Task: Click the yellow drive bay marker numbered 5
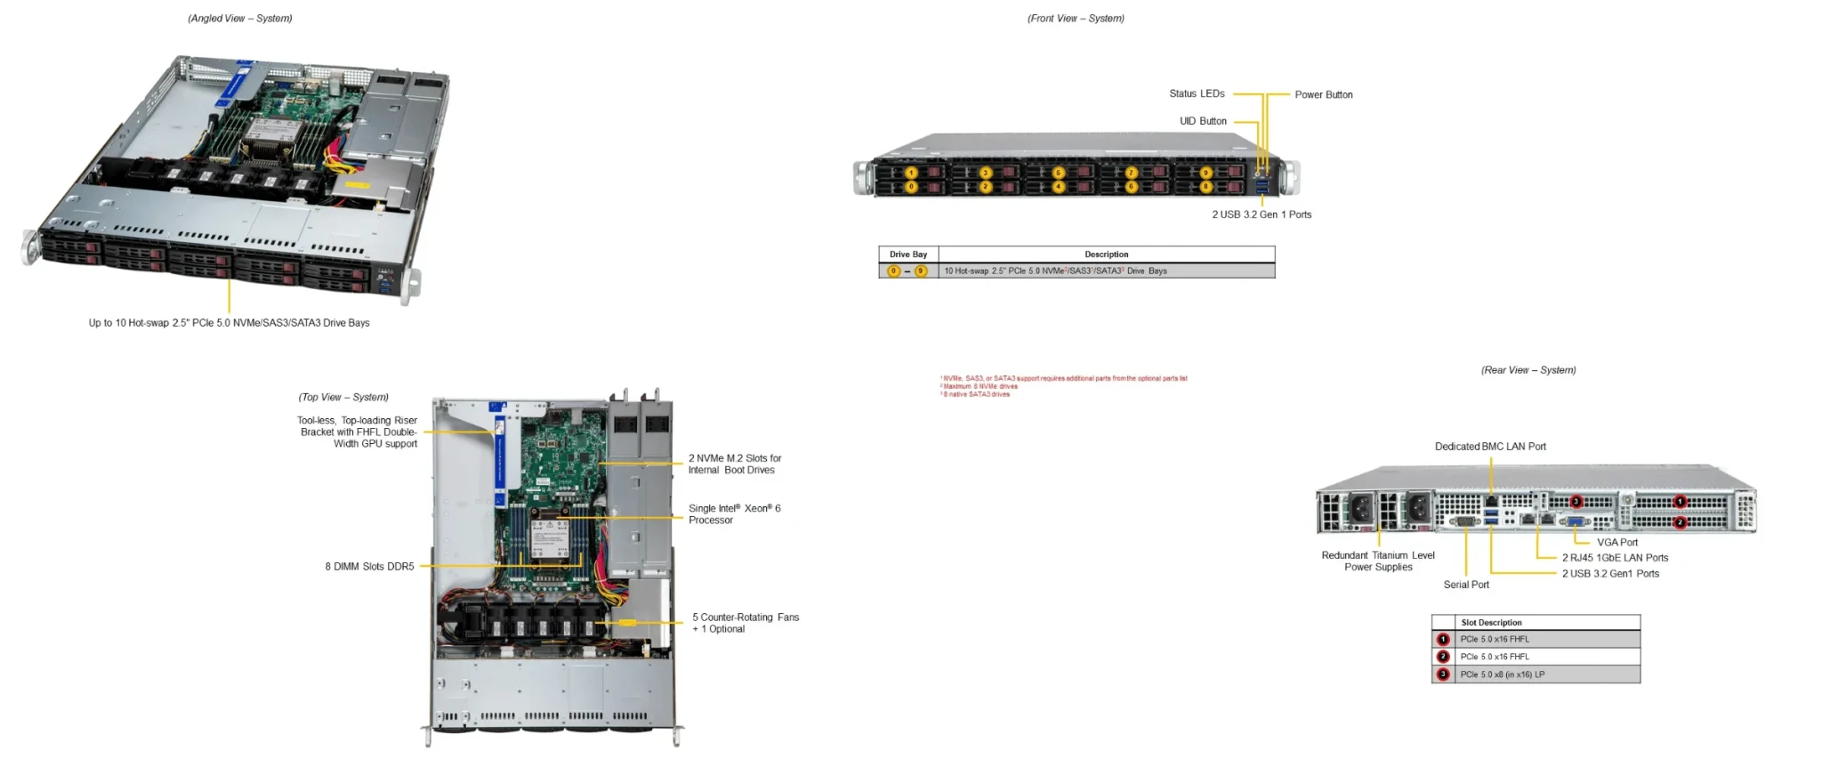click(x=1058, y=173)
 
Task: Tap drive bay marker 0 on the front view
click(x=911, y=187)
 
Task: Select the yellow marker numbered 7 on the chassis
click(x=1132, y=173)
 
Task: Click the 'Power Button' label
click(x=1323, y=95)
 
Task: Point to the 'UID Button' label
click(x=1203, y=121)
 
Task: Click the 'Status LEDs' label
click(x=1197, y=93)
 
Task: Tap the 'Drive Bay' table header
click(x=908, y=254)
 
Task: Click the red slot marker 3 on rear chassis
click(x=1576, y=502)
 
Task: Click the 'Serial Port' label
click(x=1466, y=585)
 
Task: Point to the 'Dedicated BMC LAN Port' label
click(x=1490, y=447)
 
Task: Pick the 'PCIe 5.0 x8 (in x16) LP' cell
click(x=1503, y=674)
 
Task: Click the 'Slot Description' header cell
click(x=1491, y=623)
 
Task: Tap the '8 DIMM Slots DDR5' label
click(x=369, y=567)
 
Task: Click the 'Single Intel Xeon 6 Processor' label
click(x=734, y=514)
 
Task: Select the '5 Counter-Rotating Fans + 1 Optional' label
click(x=746, y=623)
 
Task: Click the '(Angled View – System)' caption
click(x=240, y=19)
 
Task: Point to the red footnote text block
click(x=1063, y=386)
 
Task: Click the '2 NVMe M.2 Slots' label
click(x=734, y=464)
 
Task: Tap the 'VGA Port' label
click(x=1616, y=542)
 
